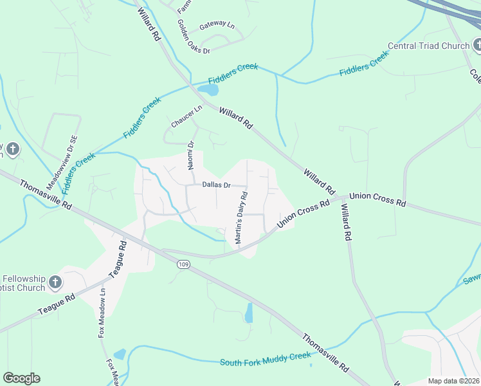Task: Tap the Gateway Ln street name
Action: pos(217,26)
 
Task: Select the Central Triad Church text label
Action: pos(428,46)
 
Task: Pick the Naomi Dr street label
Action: pos(191,157)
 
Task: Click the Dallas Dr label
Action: pos(216,185)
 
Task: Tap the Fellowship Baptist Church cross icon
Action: pos(56,282)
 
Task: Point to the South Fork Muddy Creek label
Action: pos(265,362)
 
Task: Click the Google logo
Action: pos(21,378)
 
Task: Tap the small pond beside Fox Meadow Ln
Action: pos(120,354)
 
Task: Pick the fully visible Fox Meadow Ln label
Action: pos(102,311)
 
